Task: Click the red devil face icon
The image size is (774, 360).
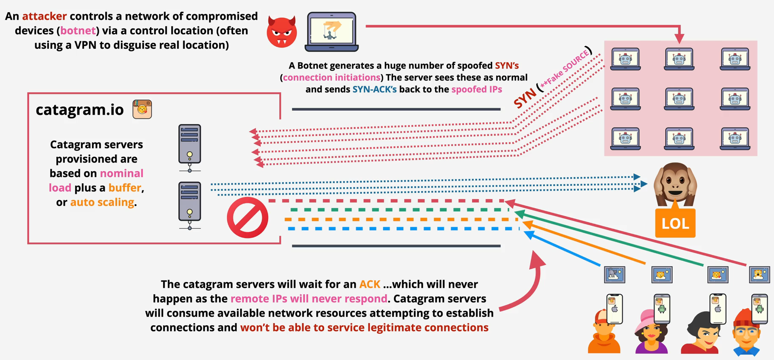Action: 281,32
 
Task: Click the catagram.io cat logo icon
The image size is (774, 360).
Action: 142,109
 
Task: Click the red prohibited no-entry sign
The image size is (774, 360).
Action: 248,218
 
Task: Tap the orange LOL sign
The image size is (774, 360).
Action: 675,223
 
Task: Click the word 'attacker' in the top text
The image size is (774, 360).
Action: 44,16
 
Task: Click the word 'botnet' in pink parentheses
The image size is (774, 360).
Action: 78,31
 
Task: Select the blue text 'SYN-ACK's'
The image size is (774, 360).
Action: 374,89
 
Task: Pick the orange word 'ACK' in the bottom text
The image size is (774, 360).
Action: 370,284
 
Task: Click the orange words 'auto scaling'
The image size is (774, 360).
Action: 102,202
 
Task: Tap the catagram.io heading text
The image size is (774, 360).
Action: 80,110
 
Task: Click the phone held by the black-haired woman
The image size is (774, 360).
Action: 718,309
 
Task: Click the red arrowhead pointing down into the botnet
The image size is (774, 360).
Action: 679,39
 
